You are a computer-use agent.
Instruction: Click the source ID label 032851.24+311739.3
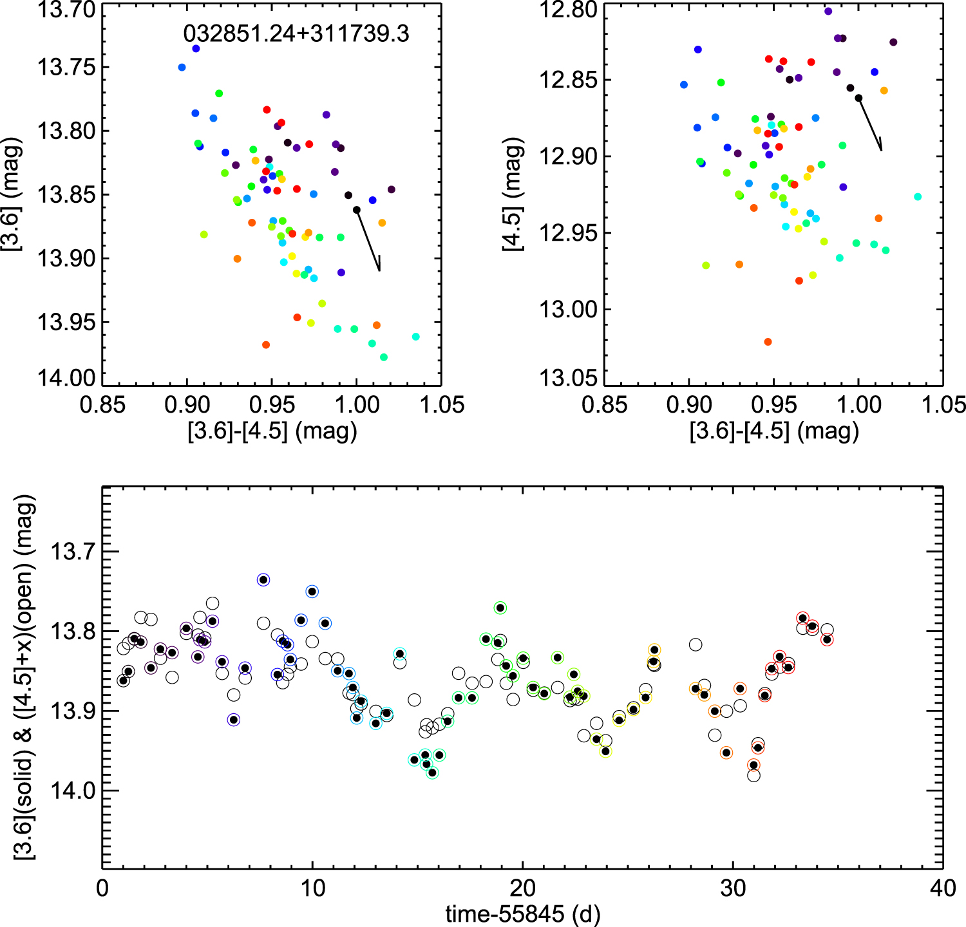point(296,33)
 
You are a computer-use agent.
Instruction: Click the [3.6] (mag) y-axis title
point(12,194)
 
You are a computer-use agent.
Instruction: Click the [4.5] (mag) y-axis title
point(513,194)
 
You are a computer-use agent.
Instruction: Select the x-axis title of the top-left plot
point(272,430)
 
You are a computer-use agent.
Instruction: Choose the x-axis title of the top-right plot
point(774,430)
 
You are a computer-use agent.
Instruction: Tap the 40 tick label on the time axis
point(943,888)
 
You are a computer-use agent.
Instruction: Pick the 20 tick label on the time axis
point(522,888)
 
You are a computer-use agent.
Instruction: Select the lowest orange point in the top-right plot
point(768,342)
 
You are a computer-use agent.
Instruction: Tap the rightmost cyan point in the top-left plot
point(415,337)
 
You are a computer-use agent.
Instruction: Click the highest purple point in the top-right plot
point(828,11)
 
